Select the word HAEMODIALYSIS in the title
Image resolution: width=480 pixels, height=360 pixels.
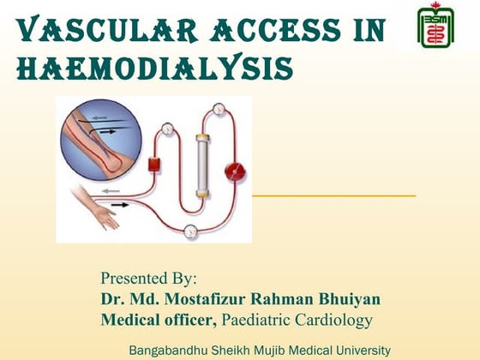(154, 65)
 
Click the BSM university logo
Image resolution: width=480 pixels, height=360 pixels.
(435, 27)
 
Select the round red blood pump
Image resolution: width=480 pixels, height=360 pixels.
(234, 171)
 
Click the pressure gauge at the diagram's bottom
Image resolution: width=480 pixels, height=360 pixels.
(189, 229)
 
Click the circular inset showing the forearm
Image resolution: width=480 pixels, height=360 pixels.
(96, 136)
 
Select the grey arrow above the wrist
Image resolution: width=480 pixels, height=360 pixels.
(106, 190)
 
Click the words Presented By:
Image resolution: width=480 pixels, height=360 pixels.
(148, 279)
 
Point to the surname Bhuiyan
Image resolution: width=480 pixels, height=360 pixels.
(346, 299)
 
